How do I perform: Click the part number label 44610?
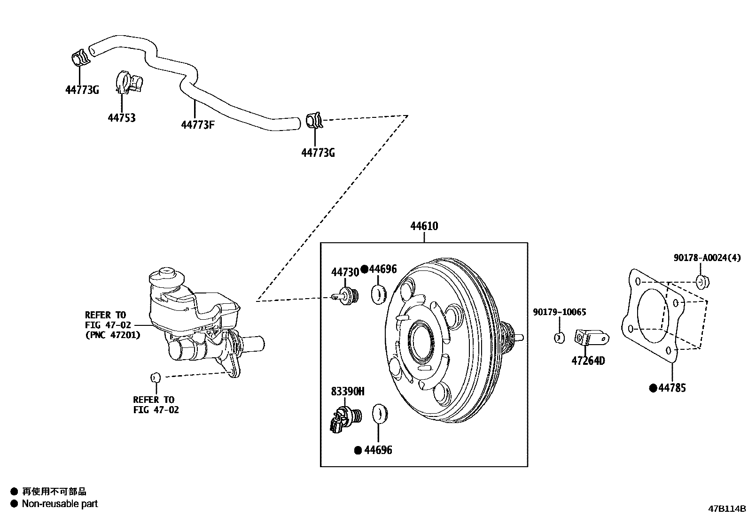click(x=424, y=226)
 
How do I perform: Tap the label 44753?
click(x=122, y=118)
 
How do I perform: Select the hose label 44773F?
click(x=198, y=125)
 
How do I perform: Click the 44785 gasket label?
click(x=672, y=388)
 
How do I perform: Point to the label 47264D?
click(x=588, y=361)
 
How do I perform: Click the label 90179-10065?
click(x=559, y=312)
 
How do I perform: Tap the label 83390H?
click(x=348, y=392)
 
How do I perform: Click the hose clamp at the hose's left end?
click(x=79, y=57)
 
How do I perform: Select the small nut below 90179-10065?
click(x=559, y=337)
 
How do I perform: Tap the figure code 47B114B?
click(x=727, y=508)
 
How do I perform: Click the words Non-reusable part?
click(x=60, y=504)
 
